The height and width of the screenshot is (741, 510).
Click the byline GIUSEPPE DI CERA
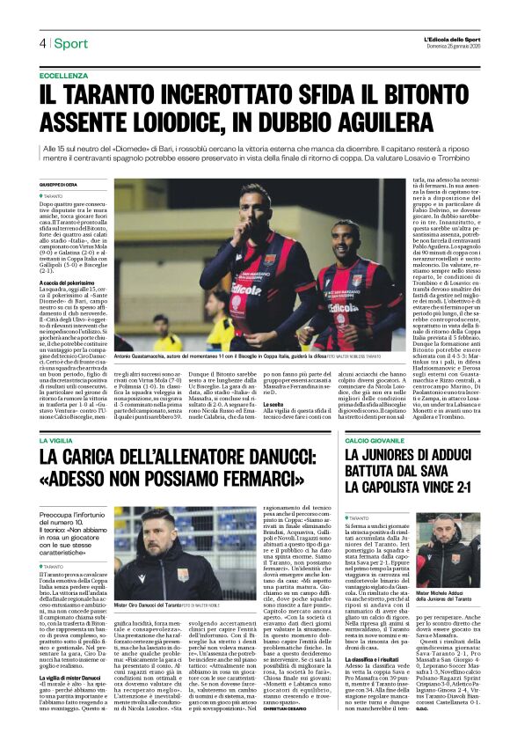pos(57,184)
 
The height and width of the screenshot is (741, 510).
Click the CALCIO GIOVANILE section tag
pos(376,437)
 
